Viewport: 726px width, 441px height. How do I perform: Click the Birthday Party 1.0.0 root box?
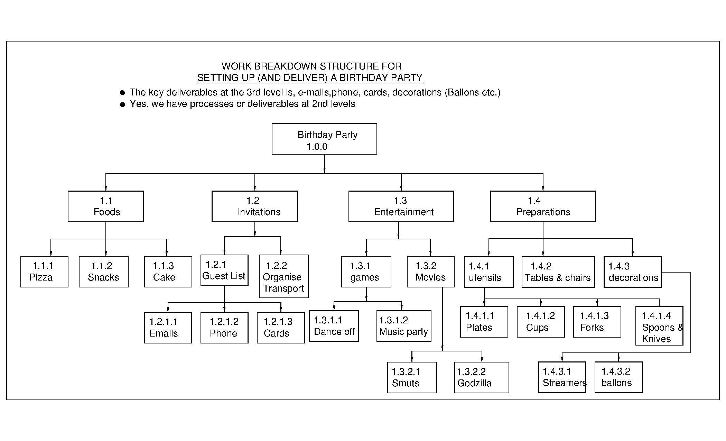324,139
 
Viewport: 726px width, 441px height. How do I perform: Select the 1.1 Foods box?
105,206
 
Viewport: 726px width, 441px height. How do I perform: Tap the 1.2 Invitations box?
254,206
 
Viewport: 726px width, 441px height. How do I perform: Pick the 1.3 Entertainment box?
401,206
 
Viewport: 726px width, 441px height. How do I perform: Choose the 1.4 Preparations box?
542,206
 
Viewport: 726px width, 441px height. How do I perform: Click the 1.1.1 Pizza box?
44,272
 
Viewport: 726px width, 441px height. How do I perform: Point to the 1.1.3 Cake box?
168,272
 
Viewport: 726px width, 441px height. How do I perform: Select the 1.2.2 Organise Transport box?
283,276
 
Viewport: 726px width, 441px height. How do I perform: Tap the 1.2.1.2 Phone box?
224,328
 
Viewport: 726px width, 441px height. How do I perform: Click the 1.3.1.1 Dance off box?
334,326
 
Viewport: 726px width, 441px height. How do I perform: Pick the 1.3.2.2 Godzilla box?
481,377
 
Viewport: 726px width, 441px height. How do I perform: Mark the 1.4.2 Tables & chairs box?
558,272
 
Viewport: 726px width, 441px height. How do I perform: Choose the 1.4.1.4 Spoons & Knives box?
659,325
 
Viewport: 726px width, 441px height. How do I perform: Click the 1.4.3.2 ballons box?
618,377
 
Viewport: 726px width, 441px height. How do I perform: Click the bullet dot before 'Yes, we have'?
122,104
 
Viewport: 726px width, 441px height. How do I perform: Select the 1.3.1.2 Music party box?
403,326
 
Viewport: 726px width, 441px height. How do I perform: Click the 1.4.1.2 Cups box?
540,322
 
